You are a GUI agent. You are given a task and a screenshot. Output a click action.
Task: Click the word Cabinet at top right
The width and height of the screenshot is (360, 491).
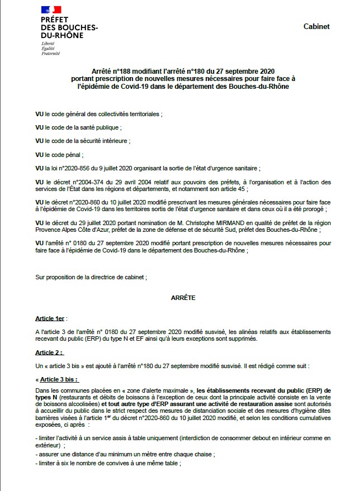pyautogui.click(x=316, y=26)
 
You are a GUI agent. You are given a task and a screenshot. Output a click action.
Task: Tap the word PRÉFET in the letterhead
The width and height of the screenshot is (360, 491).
pyautogui.click(x=54, y=20)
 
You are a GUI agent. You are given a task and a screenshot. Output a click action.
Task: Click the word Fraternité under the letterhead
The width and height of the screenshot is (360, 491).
pyautogui.click(x=50, y=54)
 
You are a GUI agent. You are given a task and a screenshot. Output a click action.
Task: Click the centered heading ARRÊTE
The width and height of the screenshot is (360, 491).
pyautogui.click(x=183, y=298)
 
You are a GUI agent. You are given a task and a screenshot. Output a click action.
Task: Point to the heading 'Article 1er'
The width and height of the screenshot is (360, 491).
pyautogui.click(x=50, y=318)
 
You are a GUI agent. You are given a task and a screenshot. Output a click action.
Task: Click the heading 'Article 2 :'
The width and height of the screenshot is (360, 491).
pyautogui.click(x=49, y=352)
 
